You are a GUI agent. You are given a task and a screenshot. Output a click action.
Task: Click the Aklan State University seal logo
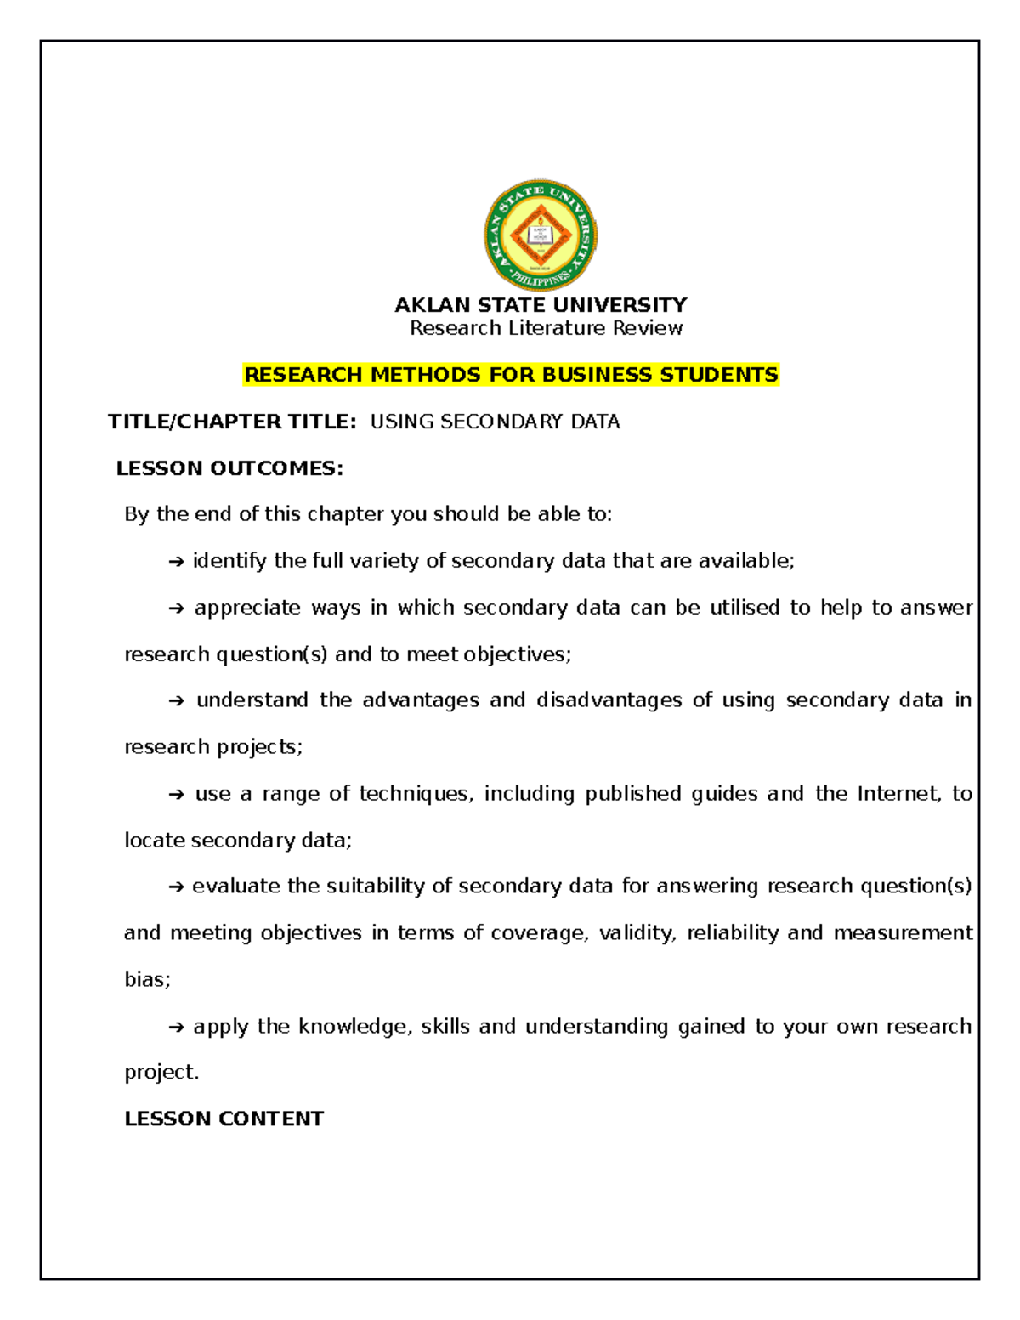(x=541, y=235)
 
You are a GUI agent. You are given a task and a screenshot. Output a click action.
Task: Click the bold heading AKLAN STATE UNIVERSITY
(x=541, y=305)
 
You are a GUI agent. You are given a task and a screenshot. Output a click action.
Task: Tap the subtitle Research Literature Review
(x=546, y=328)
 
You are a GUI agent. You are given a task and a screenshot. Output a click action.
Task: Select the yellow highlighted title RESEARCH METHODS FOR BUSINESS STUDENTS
(x=511, y=375)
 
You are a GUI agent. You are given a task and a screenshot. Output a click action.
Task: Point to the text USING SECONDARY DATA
(x=495, y=422)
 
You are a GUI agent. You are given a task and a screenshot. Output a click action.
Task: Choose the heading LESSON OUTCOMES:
(x=229, y=468)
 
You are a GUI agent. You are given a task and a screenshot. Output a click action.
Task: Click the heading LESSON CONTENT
(x=224, y=1119)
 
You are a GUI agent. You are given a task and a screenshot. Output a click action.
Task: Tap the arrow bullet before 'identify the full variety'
(x=176, y=562)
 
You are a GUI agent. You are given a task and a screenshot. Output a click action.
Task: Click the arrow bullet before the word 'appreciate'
(x=176, y=609)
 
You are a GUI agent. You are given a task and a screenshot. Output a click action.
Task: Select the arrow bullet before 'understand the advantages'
(x=176, y=701)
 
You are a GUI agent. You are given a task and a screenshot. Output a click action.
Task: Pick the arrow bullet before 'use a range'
(x=176, y=795)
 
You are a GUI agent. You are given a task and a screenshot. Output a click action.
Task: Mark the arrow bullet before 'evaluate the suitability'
(x=176, y=887)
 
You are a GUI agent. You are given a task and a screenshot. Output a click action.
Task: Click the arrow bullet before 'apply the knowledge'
(x=176, y=1028)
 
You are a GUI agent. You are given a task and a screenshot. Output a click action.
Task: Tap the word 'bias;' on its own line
(x=147, y=980)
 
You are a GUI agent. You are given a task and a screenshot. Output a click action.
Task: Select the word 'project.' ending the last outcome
(x=161, y=1073)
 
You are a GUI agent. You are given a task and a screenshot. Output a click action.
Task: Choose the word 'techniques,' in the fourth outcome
(x=416, y=794)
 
